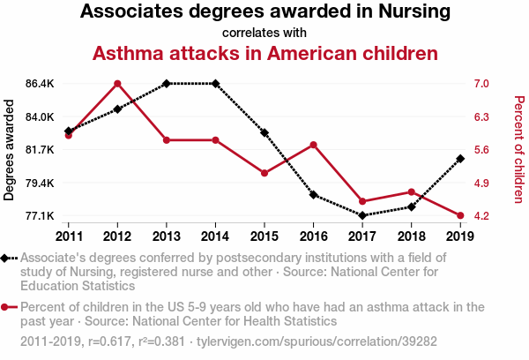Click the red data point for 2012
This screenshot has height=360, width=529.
point(117,84)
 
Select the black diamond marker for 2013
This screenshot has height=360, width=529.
point(167,84)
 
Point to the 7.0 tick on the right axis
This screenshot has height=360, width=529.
point(481,84)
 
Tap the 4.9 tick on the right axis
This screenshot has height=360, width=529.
point(481,184)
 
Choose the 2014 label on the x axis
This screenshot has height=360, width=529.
point(215,236)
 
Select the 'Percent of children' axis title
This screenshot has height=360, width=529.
point(518,150)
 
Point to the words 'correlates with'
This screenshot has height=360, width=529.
point(264,33)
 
